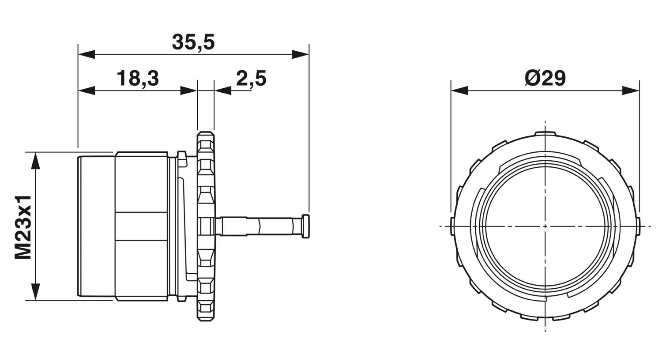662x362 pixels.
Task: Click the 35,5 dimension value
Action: (193, 42)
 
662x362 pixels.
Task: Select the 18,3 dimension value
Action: (138, 78)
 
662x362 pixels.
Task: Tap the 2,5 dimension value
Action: (251, 78)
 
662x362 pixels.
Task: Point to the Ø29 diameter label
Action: (545, 78)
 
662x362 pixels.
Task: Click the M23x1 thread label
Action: (23, 226)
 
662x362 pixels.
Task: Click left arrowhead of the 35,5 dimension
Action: (87, 54)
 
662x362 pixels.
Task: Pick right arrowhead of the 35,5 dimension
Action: (300, 54)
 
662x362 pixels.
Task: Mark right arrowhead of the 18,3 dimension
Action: (188, 91)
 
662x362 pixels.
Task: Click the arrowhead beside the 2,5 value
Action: (222, 91)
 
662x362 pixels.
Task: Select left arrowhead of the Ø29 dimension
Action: (459, 91)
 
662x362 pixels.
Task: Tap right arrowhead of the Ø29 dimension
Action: (631, 91)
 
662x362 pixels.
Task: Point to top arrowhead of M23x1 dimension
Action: (35, 161)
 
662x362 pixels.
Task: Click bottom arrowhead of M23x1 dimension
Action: (35, 292)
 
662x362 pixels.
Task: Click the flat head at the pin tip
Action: (305, 226)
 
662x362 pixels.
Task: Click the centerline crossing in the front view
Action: (545, 226)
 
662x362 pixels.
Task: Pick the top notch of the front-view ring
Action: (545, 134)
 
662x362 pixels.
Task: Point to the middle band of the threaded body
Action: (142, 226)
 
